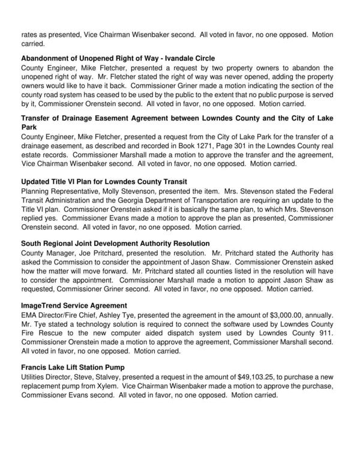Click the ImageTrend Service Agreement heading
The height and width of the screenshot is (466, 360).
click(x=74, y=305)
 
